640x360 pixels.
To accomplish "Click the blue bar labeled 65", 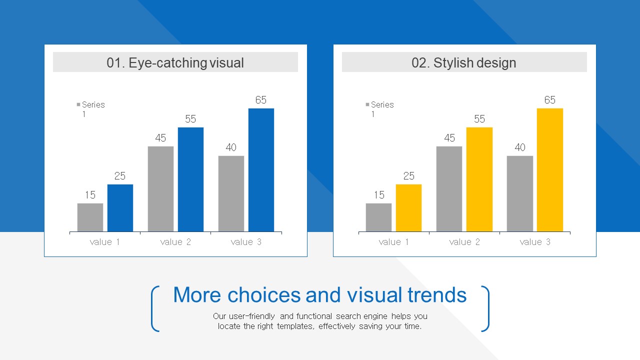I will (261, 170).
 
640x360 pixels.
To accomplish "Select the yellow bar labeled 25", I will (408, 208).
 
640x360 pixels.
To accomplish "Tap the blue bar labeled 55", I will (190, 179).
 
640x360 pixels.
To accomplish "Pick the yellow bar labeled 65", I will (549, 170).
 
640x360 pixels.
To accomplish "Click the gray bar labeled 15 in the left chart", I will (90, 217).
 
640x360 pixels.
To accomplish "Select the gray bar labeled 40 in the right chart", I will (519, 193).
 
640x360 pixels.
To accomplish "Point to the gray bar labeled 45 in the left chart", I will (160, 189).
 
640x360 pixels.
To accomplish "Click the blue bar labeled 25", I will (120, 208).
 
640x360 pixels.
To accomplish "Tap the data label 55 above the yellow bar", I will (479, 119).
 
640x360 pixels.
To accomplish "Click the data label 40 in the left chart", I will (231, 147).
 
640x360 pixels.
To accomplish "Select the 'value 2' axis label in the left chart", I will (175, 242).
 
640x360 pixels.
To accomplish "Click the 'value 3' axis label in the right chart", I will (535, 242).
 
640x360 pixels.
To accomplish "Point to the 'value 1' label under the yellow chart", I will (393, 242).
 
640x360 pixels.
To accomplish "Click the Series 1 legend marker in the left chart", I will (78, 104).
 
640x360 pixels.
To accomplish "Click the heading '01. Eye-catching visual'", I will (175, 62).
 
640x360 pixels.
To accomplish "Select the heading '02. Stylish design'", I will (464, 62).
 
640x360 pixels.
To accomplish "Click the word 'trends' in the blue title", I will (437, 295).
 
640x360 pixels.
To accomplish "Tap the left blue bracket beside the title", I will (155, 308).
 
